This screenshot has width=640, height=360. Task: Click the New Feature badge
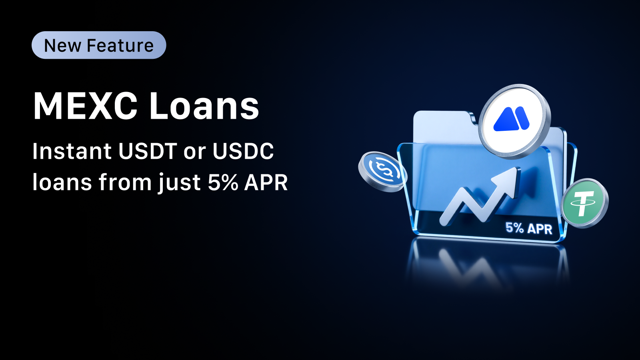pos(99,45)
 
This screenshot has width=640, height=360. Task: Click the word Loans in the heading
pos(204,106)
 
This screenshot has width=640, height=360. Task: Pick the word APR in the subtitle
pos(266,182)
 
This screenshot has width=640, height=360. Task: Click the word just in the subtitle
pos(180,183)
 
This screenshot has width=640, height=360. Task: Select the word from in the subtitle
pos(125,182)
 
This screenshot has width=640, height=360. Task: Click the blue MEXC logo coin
pos(514,121)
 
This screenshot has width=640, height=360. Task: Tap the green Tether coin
pos(584,203)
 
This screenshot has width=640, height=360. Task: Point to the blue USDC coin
pos(383,172)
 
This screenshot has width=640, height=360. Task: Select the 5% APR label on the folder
pos(529,228)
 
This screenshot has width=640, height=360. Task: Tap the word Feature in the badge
pos(120,46)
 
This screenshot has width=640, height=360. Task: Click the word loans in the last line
pos(62,182)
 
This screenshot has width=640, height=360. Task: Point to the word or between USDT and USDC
pos(194,154)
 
